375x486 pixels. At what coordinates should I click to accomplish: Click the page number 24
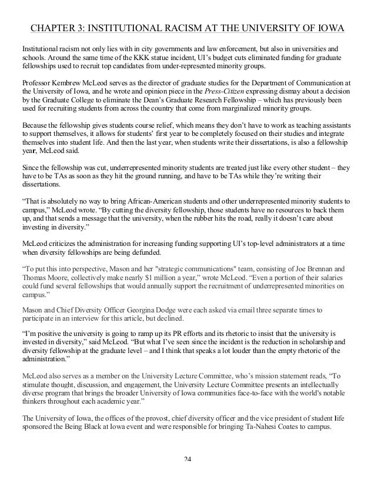pyautogui.click(x=187, y=474)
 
